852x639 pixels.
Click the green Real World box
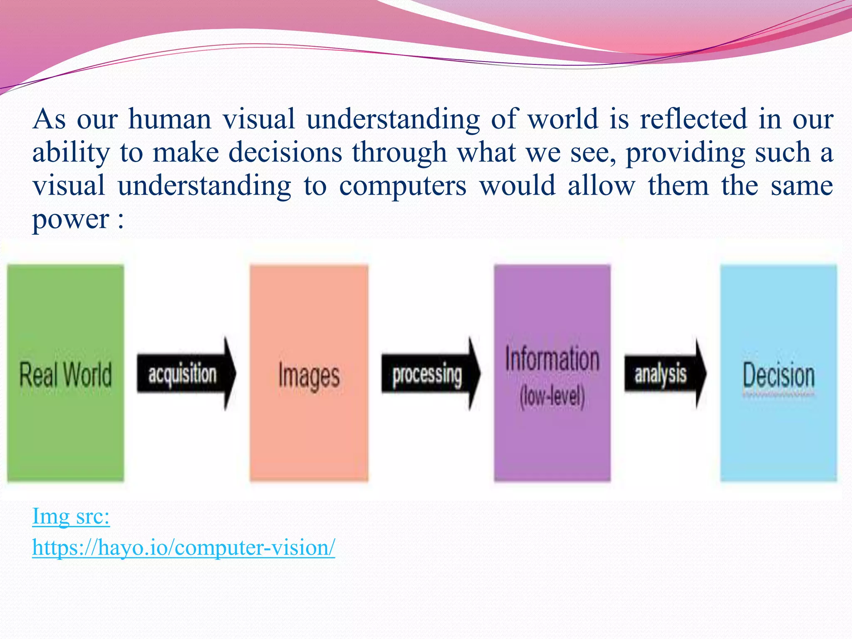coord(65,373)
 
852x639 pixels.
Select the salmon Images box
coord(309,373)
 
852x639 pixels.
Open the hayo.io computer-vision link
coord(183,547)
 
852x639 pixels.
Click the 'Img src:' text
coord(71,516)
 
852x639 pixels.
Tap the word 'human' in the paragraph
coord(170,119)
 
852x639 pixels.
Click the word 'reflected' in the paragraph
coord(693,119)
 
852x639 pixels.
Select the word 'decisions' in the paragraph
coord(285,153)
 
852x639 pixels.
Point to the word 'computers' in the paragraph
coord(403,186)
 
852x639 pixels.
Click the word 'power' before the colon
coord(71,220)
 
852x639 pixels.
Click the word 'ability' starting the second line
coord(71,153)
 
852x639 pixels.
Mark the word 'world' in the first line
coord(563,119)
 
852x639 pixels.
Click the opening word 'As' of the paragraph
coord(49,119)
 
